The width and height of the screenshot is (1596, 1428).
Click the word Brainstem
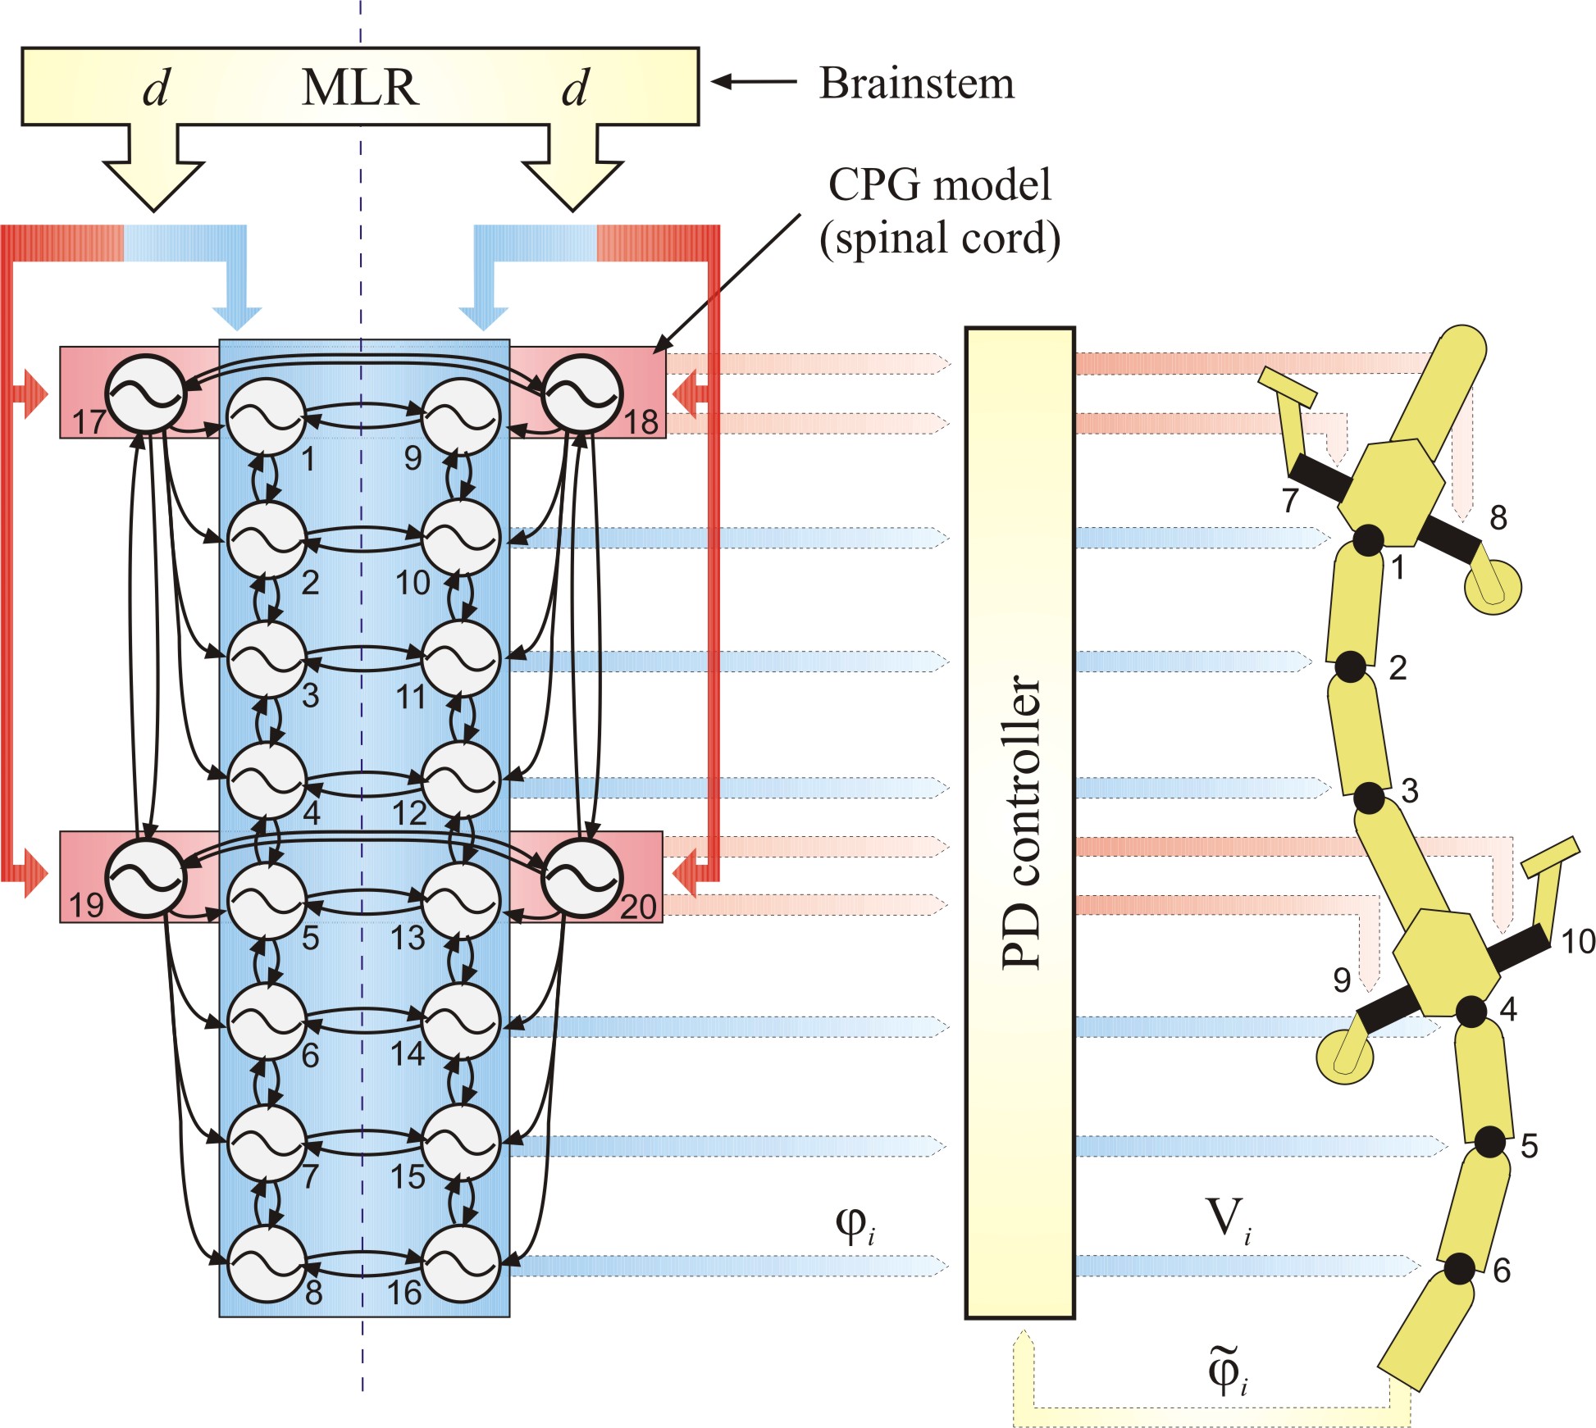point(917,84)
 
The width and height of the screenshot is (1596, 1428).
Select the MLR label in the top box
point(360,87)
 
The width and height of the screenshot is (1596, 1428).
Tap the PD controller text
point(1022,822)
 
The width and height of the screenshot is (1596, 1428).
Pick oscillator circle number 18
point(581,394)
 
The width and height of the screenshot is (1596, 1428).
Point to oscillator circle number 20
point(581,878)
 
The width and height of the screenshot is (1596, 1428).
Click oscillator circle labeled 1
point(267,416)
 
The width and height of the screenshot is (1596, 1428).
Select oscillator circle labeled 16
point(461,1263)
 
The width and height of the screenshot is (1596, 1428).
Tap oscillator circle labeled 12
point(461,780)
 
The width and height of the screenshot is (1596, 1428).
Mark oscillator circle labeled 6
point(267,1021)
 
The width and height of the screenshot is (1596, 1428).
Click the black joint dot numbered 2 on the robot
point(1350,666)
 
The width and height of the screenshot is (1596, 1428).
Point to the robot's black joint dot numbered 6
point(1459,1269)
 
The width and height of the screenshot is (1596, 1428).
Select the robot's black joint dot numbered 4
point(1471,1012)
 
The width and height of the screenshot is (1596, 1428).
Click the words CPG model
point(939,185)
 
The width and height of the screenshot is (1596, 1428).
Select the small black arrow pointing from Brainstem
point(754,81)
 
